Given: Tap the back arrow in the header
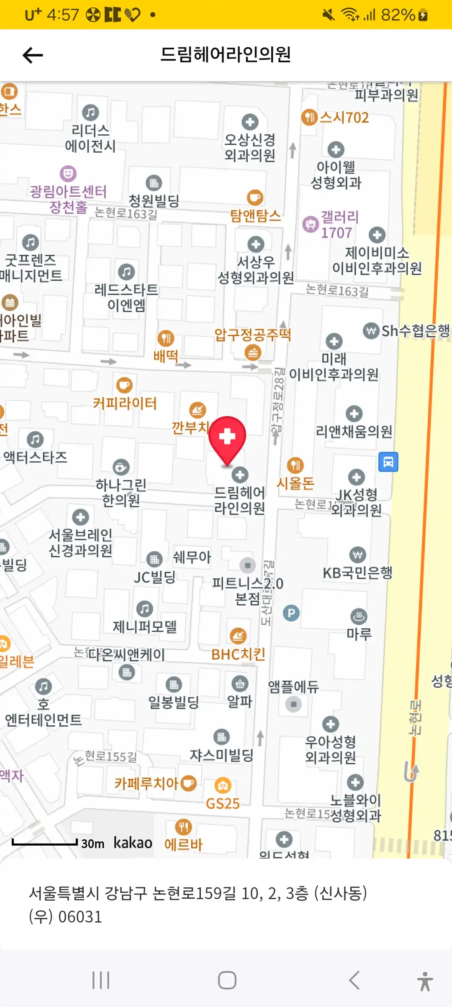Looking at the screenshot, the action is pos(33,55).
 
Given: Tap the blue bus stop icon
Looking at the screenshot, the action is pos(388,462).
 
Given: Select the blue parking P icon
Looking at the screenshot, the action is pos(291,613).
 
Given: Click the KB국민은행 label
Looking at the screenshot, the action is pos(358,572).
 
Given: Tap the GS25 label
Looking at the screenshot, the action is pos(223,803).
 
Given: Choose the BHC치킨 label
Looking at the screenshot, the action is pos(238,654).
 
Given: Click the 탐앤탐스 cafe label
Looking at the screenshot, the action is pos(255,216).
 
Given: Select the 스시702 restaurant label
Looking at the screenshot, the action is pos(344,118).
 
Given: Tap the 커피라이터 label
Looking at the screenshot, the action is pos(125,403).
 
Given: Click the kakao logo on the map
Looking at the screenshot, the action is pos(133,843).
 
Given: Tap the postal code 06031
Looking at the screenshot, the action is pos(80,917).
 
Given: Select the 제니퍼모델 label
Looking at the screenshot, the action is pos(144,626).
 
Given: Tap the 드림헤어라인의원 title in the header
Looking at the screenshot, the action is pos(226,55).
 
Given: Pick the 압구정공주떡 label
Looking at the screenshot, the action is pos(252,335).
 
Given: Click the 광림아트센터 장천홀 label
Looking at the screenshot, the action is pos(68,199).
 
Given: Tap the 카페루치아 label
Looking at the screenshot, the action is pos(146,783).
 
